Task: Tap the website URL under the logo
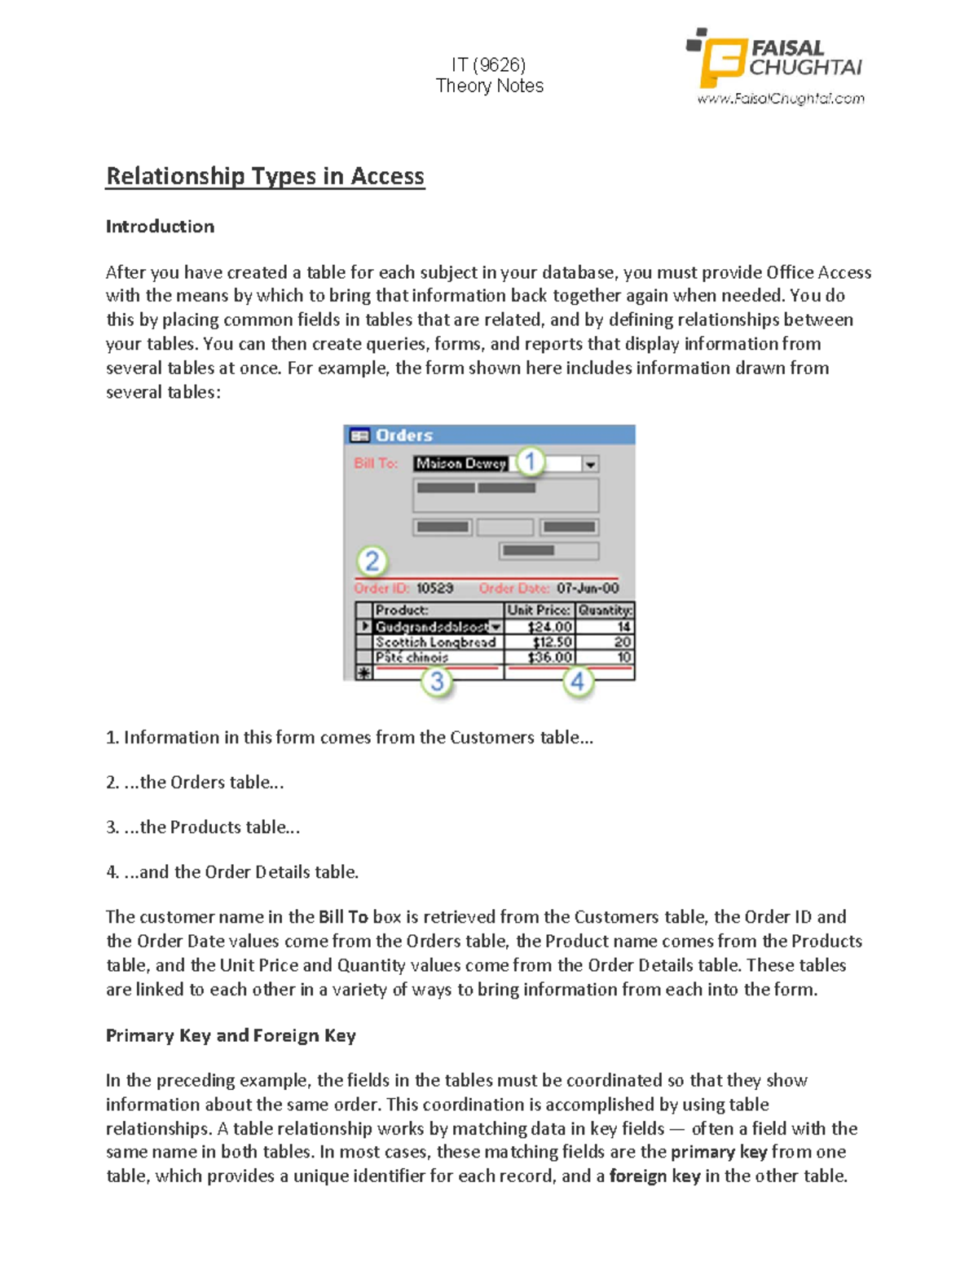tap(780, 99)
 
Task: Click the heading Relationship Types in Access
tap(265, 176)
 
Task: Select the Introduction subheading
tap(160, 227)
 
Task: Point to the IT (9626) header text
tap(489, 64)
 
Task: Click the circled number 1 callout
tap(530, 462)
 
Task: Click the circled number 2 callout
tap(372, 561)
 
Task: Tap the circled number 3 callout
tap(437, 681)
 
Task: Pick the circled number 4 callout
tap(578, 681)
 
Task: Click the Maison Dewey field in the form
tap(461, 463)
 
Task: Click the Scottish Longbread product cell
tap(435, 642)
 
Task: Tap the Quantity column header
tap(605, 611)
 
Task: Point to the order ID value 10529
tap(434, 589)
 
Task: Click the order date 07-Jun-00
tap(588, 589)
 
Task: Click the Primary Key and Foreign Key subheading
tap(231, 1035)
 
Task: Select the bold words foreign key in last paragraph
tap(654, 1176)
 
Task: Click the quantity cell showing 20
tap(623, 642)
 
